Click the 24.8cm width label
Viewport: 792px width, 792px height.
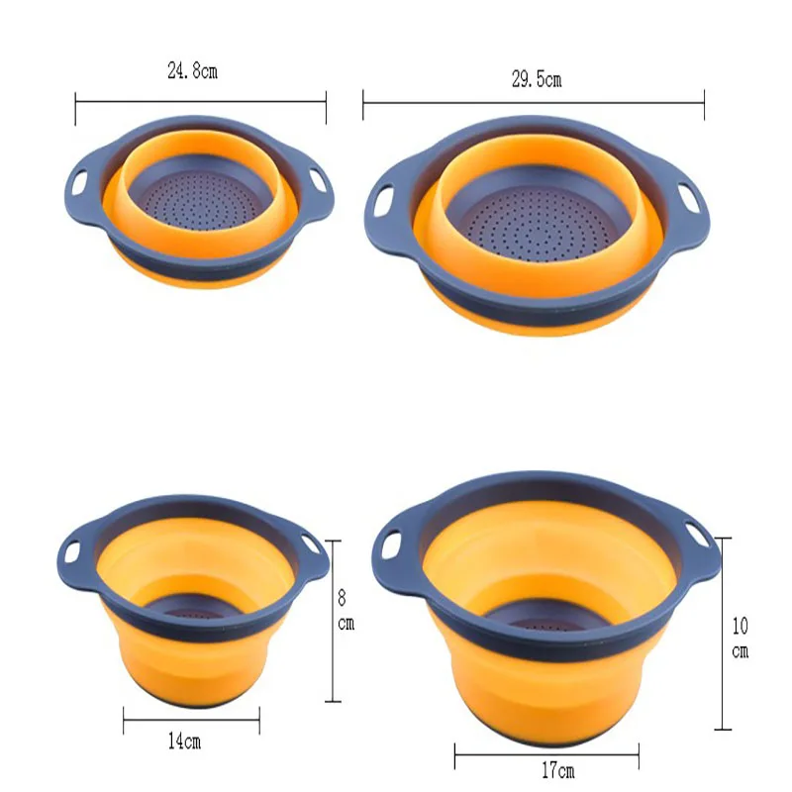tap(192, 71)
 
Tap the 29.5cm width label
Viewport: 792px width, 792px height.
tap(537, 79)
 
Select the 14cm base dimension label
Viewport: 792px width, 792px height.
tap(184, 742)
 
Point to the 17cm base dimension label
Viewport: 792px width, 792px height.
tap(557, 771)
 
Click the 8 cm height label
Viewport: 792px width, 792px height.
tap(346, 611)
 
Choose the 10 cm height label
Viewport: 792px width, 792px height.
tap(741, 638)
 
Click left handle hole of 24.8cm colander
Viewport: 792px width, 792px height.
tap(79, 183)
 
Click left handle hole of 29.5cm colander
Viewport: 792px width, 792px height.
tap(384, 201)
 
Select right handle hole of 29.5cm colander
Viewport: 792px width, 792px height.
tap(688, 196)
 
